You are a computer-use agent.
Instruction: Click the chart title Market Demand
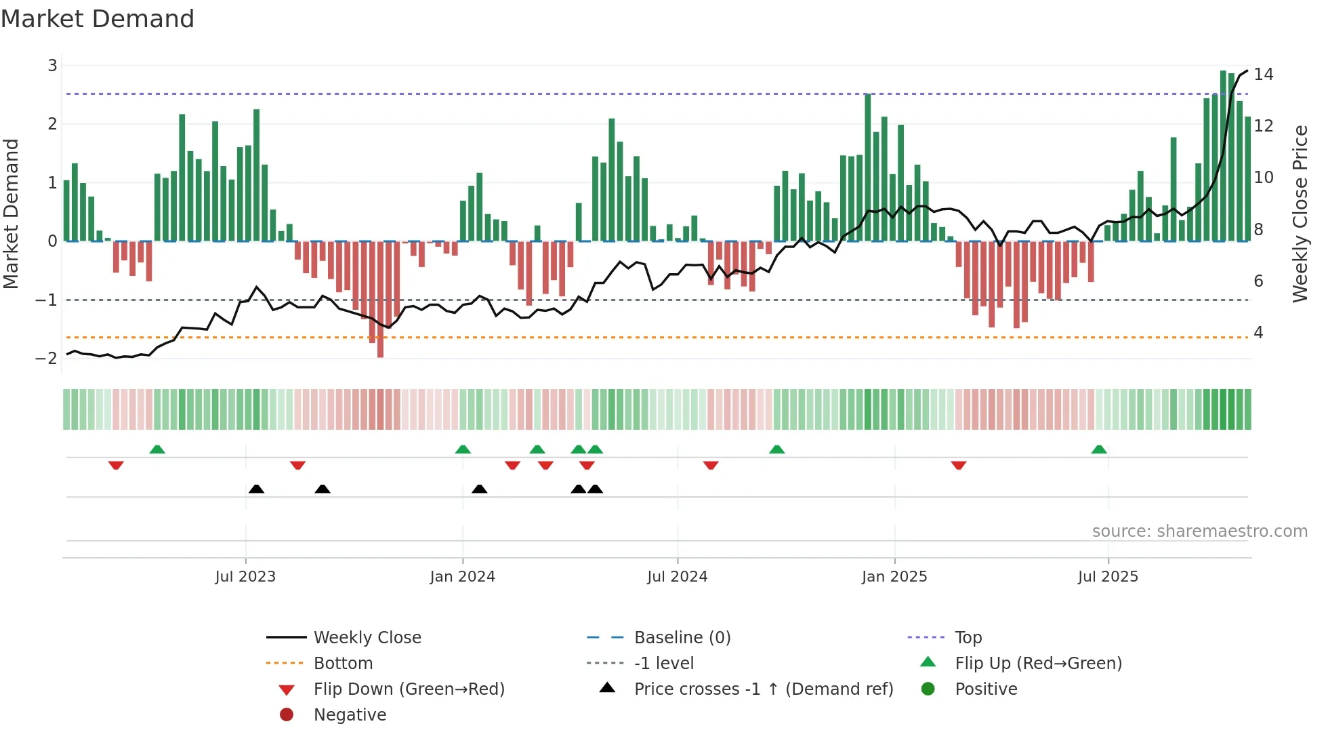tap(98, 19)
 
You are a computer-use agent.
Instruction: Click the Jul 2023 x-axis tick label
tap(245, 576)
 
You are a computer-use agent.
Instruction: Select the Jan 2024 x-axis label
tap(462, 576)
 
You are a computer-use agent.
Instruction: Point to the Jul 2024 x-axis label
tap(677, 576)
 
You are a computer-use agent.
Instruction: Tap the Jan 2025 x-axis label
tap(894, 576)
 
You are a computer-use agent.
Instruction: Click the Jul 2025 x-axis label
tap(1108, 576)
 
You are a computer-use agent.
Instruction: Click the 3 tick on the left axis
tap(52, 66)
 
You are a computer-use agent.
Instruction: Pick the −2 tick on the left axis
tap(47, 358)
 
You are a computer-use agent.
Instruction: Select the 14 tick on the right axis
tap(1263, 75)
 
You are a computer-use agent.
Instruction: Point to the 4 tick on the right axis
tap(1258, 333)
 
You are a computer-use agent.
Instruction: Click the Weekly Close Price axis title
tap(1300, 214)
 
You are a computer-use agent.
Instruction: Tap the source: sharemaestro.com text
tap(1199, 531)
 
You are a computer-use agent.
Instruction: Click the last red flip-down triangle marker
tap(958, 465)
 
